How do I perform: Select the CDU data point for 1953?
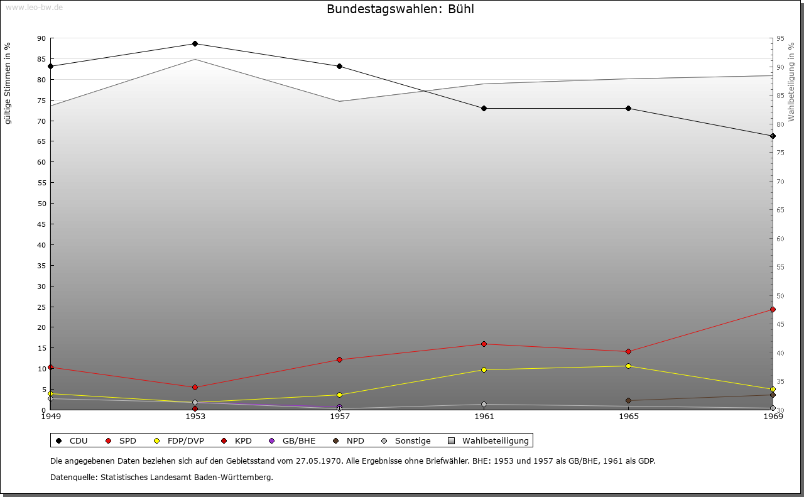click(x=195, y=43)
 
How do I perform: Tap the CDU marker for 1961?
click(x=484, y=108)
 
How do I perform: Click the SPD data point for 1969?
click(x=773, y=309)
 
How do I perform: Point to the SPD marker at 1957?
click(x=339, y=359)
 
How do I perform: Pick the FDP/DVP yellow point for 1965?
click(x=628, y=366)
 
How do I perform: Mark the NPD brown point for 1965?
click(x=628, y=400)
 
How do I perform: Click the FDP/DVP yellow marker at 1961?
click(x=484, y=369)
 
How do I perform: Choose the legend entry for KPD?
click(x=237, y=441)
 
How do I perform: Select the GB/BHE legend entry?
click(x=293, y=441)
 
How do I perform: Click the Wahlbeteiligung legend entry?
click(x=489, y=441)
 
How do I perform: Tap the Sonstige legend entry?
click(x=406, y=441)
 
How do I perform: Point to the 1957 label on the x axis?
click(x=339, y=416)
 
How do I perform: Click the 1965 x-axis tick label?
click(x=628, y=416)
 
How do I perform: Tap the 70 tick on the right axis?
click(x=780, y=182)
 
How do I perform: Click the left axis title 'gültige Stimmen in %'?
click(x=8, y=84)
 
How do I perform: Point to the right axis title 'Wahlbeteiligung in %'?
click(x=791, y=82)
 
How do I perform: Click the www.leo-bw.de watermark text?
click(x=33, y=7)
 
